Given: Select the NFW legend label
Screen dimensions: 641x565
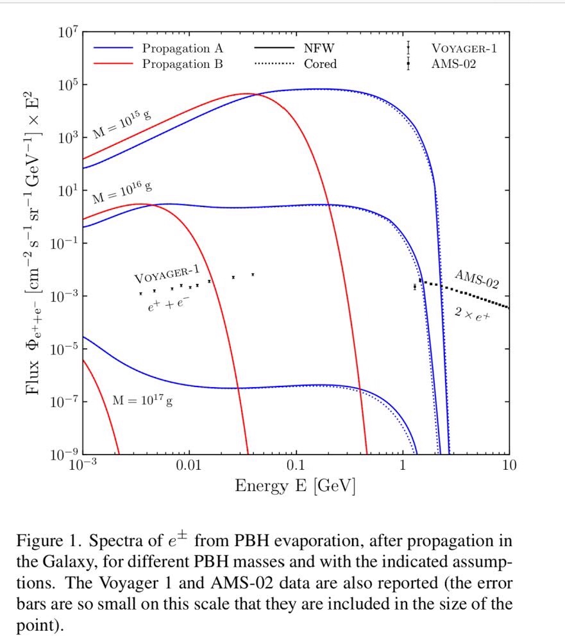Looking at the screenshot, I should pyautogui.click(x=319, y=49).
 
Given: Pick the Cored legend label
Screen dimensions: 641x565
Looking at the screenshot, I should pyautogui.click(x=320, y=63).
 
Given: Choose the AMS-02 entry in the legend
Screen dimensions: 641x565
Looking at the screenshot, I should pyautogui.click(x=453, y=63).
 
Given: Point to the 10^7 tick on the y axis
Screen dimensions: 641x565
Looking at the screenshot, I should pyautogui.click(x=67, y=33).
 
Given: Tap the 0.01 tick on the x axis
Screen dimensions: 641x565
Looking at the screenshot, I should pyautogui.click(x=189, y=465).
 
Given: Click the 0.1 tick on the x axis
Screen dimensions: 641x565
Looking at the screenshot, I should pyautogui.click(x=295, y=465).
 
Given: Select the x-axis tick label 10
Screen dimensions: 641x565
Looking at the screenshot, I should pyautogui.click(x=509, y=465).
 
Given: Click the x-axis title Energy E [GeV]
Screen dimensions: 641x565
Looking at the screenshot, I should pyautogui.click(x=295, y=486).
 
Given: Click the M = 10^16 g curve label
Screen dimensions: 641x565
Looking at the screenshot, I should pyautogui.click(x=122, y=190).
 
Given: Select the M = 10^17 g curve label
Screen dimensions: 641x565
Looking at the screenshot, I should pyautogui.click(x=143, y=400).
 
